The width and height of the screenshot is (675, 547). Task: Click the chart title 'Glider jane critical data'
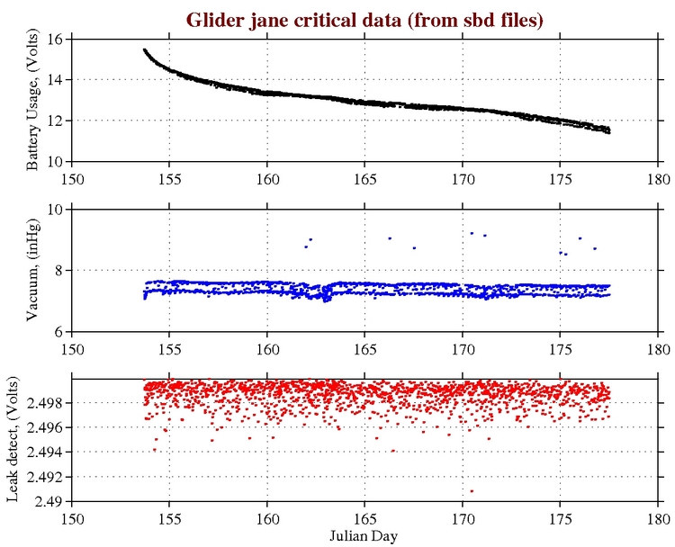coord(364,19)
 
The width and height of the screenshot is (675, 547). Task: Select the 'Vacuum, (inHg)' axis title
coord(32,271)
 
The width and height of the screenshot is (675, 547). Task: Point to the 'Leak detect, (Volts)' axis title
coord(15,440)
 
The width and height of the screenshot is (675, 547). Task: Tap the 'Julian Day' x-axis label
coord(364,536)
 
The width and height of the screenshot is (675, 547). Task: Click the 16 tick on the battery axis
coord(54,40)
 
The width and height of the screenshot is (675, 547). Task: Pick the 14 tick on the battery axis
coord(54,80)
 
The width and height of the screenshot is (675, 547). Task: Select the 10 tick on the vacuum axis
coord(54,209)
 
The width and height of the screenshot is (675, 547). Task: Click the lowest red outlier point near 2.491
coord(472,490)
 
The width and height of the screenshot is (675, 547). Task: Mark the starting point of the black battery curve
coord(144,49)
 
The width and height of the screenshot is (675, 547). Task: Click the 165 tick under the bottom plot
coord(364,518)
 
